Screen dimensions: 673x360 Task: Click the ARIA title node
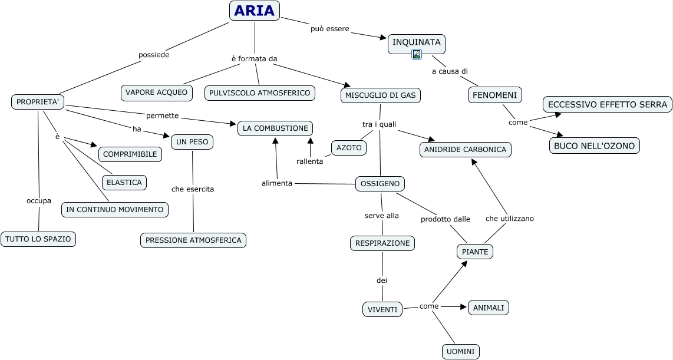click(255, 11)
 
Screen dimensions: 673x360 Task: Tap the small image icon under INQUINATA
click(416, 54)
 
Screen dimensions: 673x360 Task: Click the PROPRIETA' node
click(38, 102)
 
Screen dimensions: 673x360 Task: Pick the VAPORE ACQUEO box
click(157, 93)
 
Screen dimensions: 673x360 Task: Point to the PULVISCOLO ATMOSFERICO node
click(260, 93)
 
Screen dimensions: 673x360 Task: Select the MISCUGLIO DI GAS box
click(381, 95)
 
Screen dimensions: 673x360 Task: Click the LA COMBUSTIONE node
click(275, 128)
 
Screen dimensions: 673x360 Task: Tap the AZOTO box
click(349, 148)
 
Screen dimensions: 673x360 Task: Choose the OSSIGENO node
click(380, 184)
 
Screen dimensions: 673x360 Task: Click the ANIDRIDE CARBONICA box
click(465, 150)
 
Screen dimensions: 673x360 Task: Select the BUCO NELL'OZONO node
click(595, 146)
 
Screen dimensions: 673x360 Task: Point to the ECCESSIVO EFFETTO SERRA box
click(608, 104)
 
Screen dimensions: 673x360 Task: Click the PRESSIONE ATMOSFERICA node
click(193, 240)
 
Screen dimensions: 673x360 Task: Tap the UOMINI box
click(460, 352)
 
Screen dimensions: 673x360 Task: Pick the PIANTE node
click(475, 252)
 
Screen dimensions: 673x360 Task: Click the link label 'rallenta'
click(309, 162)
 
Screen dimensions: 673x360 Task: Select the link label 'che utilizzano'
click(510, 219)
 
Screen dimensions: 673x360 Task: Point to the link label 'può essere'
click(329, 29)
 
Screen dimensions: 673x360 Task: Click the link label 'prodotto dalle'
click(445, 219)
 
